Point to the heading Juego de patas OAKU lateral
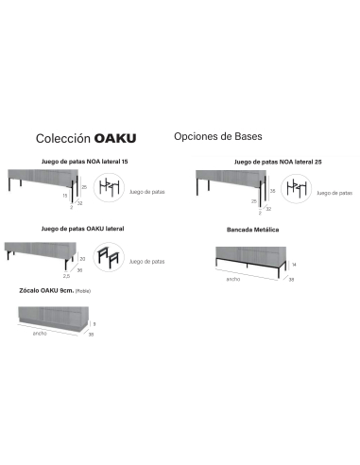coord(83,229)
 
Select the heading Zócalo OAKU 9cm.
coord(47,291)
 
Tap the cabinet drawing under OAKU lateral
coord(40,249)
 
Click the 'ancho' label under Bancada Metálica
coord(232,279)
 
